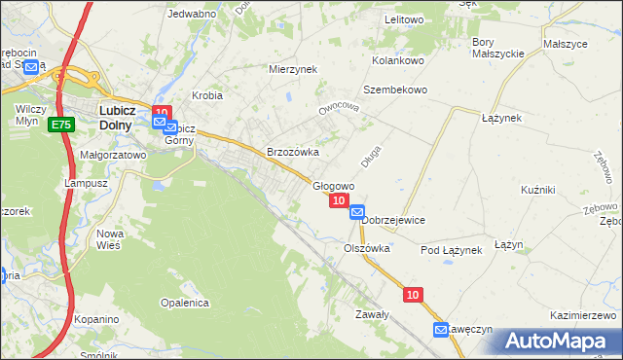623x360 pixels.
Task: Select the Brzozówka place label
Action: pos(293,153)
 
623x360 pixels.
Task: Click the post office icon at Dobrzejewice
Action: pos(357,211)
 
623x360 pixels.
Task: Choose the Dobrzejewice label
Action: pos(393,221)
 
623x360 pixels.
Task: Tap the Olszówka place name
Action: pos(366,249)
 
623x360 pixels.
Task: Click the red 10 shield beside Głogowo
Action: pos(338,200)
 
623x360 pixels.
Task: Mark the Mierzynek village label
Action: pos(293,70)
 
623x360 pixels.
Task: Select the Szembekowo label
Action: pos(395,90)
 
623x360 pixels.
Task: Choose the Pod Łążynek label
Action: pos(451,251)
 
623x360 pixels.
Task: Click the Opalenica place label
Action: pos(186,304)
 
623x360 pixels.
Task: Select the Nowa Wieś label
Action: pos(108,239)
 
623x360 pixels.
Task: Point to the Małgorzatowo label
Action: pos(113,155)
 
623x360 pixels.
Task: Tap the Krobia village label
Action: pos(207,96)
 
